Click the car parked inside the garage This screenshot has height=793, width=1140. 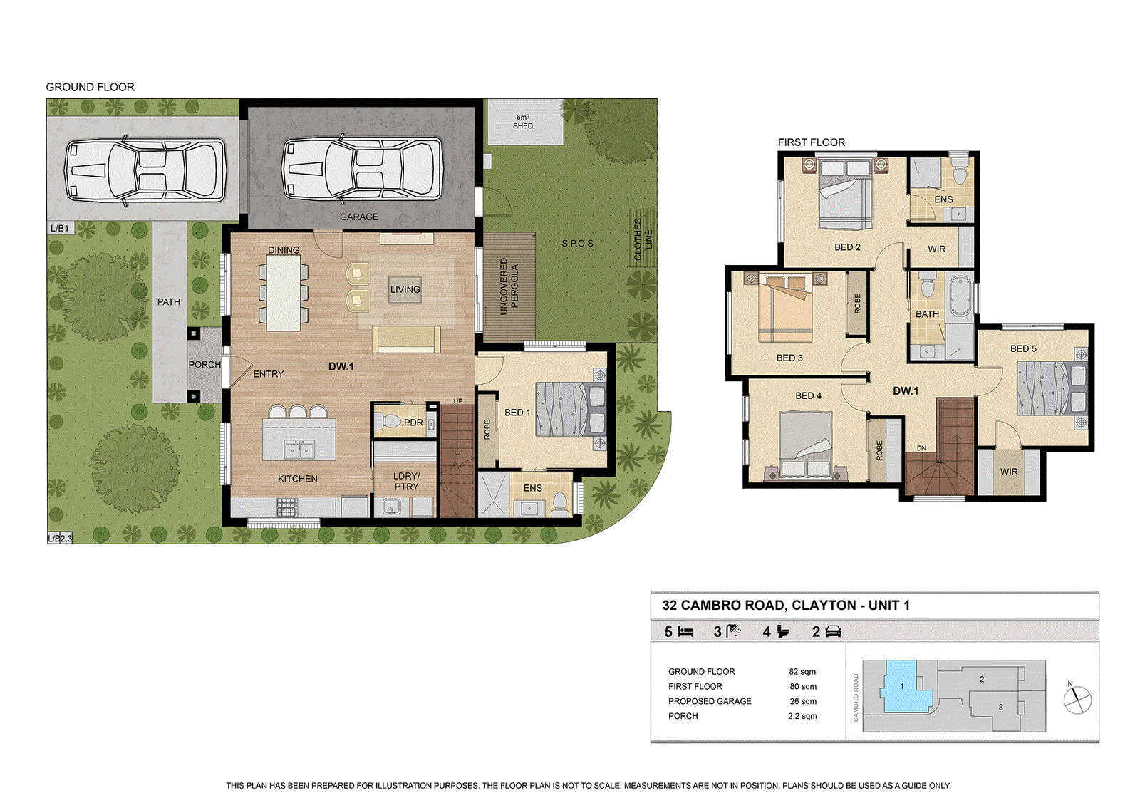click(x=362, y=170)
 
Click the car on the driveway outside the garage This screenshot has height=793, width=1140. click(x=145, y=170)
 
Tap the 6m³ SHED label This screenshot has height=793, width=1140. click(x=523, y=122)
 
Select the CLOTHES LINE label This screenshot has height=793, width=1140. click(x=643, y=239)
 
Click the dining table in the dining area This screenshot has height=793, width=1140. click(x=284, y=292)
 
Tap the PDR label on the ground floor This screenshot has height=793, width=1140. click(x=413, y=423)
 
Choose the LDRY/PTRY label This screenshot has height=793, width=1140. click(x=406, y=481)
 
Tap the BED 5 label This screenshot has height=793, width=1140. click(x=1023, y=348)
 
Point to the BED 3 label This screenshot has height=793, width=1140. click(x=789, y=358)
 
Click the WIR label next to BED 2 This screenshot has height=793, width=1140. click(x=936, y=249)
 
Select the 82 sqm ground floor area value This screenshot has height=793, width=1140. click(x=802, y=672)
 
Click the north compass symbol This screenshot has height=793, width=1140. click(x=1077, y=700)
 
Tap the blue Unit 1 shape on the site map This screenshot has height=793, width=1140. click(x=903, y=688)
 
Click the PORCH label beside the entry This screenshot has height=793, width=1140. click(x=204, y=364)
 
